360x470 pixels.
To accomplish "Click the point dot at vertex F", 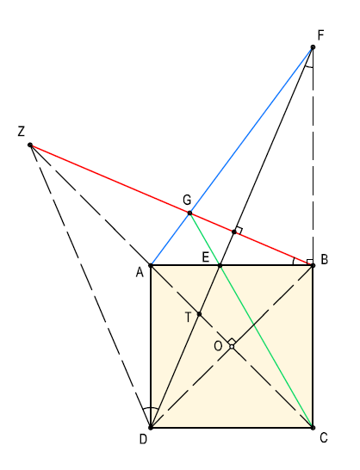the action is coord(313,47).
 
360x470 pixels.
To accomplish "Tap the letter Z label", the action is coord(21,132).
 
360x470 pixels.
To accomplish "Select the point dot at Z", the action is coord(30,145).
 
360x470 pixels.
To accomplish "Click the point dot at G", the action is coord(189,213).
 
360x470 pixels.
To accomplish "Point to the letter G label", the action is coord(187,200).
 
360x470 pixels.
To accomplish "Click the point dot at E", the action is coord(220,266).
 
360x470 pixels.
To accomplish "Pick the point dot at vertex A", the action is coord(151,266).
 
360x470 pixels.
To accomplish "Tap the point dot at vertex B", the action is coord(313,266).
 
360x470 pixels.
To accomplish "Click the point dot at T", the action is coord(199,314).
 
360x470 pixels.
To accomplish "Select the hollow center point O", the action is coord(232,347).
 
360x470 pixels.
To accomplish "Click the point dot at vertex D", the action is coord(151,428).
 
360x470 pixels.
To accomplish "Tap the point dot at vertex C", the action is coord(313,428).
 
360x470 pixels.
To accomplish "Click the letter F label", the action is coord(320,35).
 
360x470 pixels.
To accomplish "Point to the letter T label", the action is coord(188,317).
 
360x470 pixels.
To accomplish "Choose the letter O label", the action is coord(218,347).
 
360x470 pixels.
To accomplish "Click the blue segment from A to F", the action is coord(232,157).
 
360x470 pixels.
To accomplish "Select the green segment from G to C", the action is coord(251,320).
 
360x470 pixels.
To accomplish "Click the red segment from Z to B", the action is coord(171,206).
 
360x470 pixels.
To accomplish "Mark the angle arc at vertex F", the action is coord(308,67).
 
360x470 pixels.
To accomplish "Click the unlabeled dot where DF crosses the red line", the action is coord(234,232).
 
